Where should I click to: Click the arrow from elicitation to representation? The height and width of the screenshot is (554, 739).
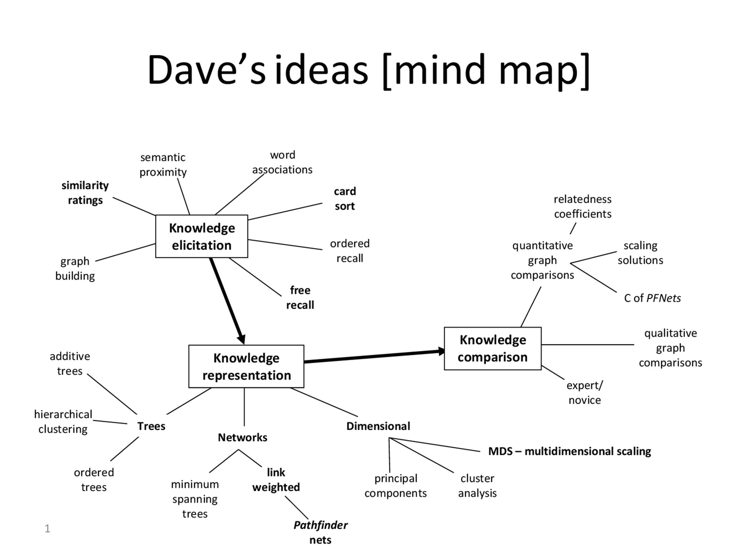point(227,301)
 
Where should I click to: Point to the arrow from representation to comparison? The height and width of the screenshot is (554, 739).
point(375,356)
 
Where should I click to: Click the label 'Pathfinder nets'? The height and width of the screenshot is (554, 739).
point(320,532)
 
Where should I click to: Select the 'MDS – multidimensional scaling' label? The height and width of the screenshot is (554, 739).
point(570,451)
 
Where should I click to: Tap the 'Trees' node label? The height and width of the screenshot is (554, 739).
point(151,426)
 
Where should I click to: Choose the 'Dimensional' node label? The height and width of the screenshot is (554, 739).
point(378,426)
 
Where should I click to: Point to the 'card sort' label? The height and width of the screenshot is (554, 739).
point(345,199)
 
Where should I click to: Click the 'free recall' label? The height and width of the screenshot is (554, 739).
point(300,298)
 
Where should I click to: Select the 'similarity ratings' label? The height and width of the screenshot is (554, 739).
point(85,193)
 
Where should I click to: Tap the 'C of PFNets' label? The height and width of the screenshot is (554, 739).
point(652,298)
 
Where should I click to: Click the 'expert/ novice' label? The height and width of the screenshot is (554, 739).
point(585,393)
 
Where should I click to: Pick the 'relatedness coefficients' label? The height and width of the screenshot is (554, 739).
point(583,206)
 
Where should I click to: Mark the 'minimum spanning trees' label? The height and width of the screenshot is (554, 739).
point(195,499)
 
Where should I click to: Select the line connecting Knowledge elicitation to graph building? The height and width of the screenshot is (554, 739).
point(125,252)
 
